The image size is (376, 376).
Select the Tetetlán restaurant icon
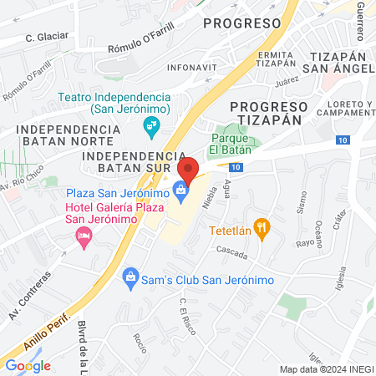262,226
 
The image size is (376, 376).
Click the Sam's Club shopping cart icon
130,276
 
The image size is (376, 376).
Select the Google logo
28,365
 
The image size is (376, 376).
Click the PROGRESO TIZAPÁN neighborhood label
269,113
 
